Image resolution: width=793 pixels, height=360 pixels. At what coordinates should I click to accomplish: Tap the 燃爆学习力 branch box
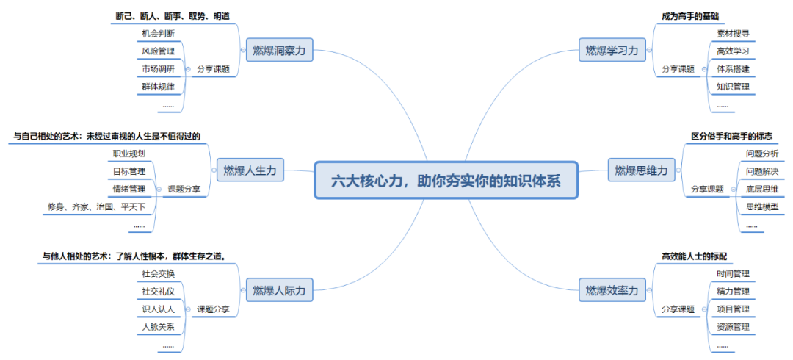coord(612,50)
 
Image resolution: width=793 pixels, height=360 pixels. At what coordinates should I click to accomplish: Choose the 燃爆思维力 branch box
coord(641,171)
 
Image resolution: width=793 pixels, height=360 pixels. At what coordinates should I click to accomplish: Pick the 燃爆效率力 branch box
coord(612,290)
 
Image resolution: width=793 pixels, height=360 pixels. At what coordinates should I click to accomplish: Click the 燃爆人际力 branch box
coord(278,290)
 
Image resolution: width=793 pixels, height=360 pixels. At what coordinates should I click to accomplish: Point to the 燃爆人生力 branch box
coord(250,170)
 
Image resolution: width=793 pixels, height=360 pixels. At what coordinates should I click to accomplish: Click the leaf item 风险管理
coord(158,51)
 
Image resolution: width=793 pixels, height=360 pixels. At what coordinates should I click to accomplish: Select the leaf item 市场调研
coord(158,69)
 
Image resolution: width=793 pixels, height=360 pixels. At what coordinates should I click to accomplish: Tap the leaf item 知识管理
coord(732,87)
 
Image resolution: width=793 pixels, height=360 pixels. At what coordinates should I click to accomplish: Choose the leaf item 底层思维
coord(761,189)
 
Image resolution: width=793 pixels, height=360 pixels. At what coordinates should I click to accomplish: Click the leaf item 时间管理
coord(733,274)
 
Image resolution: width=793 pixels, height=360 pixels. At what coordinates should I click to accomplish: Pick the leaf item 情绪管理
coord(128,189)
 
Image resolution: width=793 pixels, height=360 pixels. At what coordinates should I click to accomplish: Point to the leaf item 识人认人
coord(158,309)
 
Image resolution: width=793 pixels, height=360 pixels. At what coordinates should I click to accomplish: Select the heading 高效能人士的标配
coord(694,256)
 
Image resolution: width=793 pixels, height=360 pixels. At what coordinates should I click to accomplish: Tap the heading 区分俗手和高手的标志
coord(731,136)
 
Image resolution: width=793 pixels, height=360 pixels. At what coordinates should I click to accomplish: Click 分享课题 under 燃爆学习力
coord(677,69)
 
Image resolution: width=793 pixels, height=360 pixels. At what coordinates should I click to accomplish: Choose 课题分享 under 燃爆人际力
coord(213,309)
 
